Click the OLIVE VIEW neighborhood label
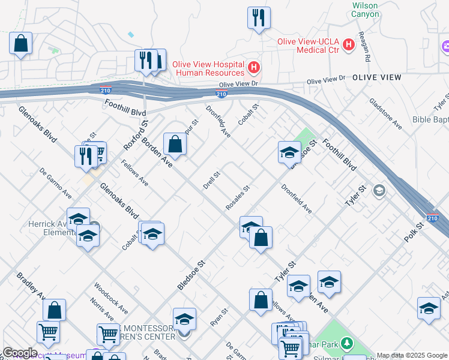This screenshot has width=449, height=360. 376,77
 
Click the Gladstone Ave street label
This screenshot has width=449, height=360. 385,113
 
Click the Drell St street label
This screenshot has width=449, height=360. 212,181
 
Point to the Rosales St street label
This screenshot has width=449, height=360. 238,197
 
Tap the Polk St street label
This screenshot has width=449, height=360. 414,231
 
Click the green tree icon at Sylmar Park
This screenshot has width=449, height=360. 346,344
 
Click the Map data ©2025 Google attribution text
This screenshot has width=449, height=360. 412,355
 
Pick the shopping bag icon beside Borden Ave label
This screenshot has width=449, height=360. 175,143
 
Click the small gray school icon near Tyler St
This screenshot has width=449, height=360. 379,191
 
